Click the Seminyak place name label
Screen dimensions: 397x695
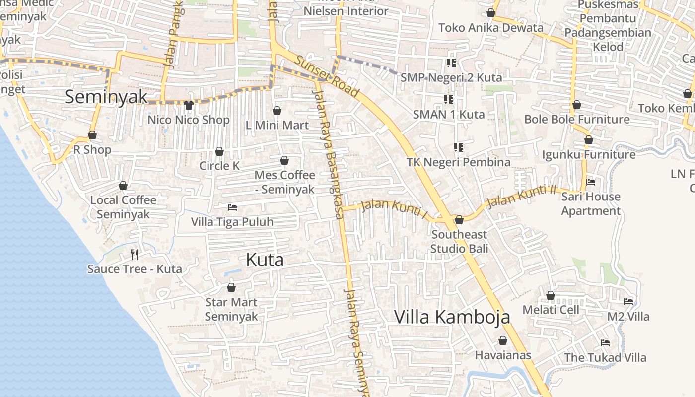point(106,97)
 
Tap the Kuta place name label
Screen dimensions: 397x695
point(265,260)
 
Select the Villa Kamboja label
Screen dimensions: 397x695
point(452,317)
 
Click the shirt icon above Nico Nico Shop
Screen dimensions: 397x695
point(188,105)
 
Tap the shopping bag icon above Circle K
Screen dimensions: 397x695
point(219,151)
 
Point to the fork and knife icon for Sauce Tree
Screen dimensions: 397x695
point(134,255)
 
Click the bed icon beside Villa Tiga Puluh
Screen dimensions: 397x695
point(232,207)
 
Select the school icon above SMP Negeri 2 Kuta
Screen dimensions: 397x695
point(451,63)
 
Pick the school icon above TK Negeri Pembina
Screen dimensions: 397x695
point(458,147)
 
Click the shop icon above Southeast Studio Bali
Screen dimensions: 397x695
point(459,219)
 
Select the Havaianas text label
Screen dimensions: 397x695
point(503,355)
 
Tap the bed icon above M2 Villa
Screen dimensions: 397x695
point(628,302)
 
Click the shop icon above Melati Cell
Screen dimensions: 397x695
point(551,295)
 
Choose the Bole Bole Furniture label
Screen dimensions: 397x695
point(577,120)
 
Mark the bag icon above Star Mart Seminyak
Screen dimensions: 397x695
point(231,287)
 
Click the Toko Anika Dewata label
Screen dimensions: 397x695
point(490,28)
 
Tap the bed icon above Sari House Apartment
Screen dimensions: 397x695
point(591,182)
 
